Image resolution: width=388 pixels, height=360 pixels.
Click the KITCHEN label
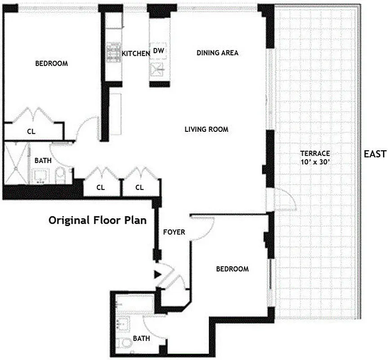pos(136,54)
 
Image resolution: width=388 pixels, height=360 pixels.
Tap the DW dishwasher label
pos(159,51)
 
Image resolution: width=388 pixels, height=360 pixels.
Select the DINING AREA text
pos(218,53)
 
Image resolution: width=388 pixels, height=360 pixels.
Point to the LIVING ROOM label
pos(206,130)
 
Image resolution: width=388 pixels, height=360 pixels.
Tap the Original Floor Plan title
pos(99,220)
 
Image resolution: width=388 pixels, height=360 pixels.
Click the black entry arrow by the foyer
pos(157,273)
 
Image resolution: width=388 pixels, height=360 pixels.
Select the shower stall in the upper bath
pos(17,162)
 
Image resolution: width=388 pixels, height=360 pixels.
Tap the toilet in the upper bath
pos(61,175)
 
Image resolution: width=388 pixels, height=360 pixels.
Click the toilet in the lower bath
pos(125,344)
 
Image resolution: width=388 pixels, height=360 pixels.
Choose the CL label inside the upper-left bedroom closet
pos(31,132)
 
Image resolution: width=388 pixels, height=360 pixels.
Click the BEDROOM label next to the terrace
pos(232,269)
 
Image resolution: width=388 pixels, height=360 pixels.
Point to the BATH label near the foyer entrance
pos(141,338)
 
